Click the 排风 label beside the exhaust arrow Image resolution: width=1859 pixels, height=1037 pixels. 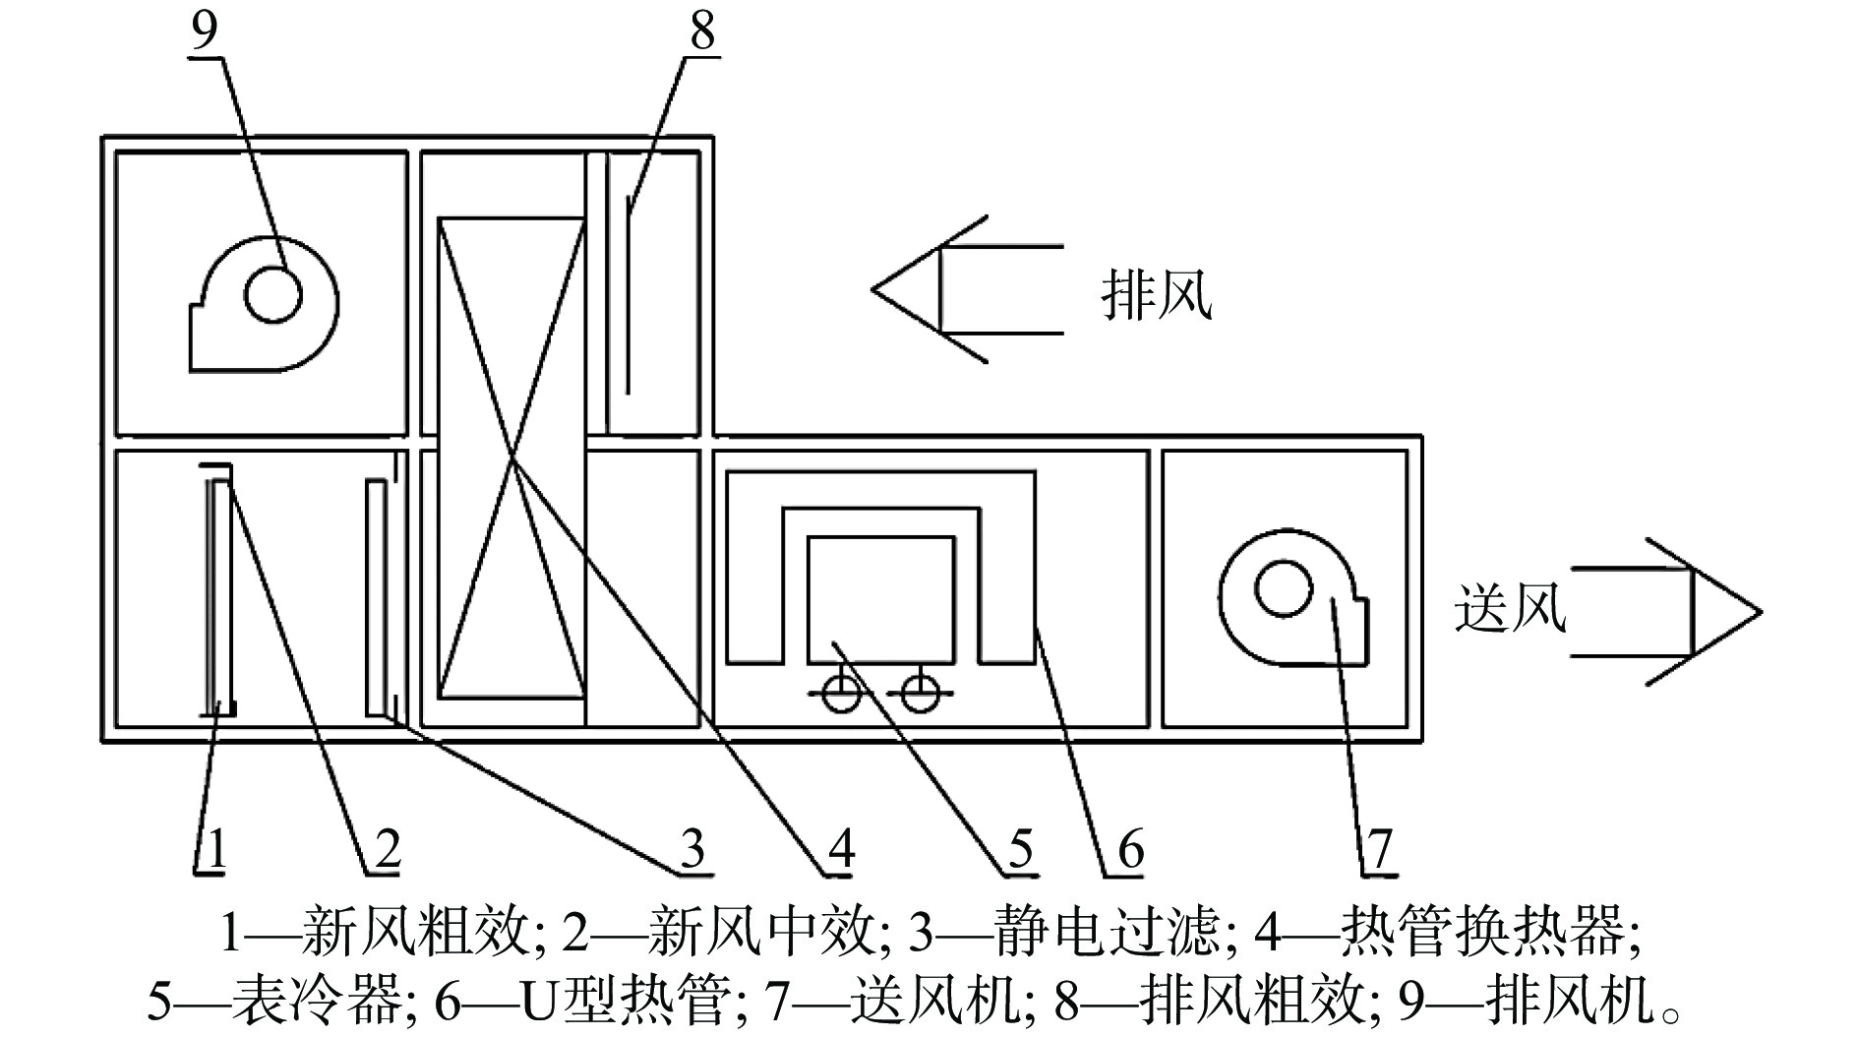[x=1157, y=294]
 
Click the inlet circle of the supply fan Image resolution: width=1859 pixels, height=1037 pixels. [x=1284, y=588]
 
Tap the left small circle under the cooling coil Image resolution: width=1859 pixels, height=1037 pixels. [x=842, y=695]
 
